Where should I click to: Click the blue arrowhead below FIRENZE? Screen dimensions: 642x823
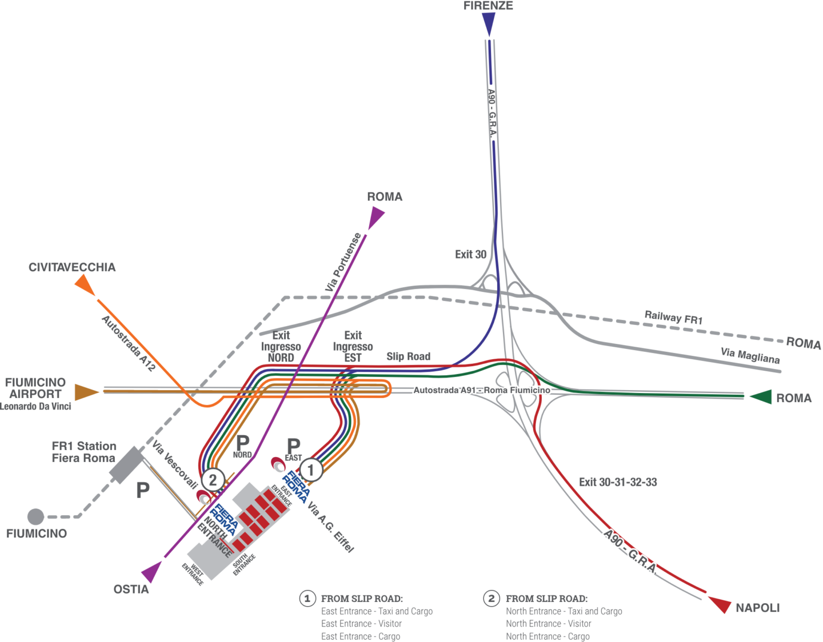tap(489, 25)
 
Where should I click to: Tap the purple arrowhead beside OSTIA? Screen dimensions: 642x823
tap(153, 571)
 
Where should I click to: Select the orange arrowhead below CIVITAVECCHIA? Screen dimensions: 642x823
tap(85, 285)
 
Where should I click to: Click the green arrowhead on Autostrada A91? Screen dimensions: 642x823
tap(761, 396)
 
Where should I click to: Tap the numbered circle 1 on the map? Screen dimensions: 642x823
tap(311, 471)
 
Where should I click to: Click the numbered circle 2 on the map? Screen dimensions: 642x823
tap(213, 479)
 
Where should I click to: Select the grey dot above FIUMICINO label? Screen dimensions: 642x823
tap(35, 516)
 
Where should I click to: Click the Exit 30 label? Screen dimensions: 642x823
tap(471, 254)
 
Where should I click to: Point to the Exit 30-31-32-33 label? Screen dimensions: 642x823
tap(618, 482)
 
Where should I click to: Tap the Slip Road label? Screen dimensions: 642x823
tap(408, 356)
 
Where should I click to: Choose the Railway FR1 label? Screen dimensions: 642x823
tap(673, 317)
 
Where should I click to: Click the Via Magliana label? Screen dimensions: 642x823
tap(750, 355)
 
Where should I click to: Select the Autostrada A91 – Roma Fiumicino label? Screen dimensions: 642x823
tap(481, 390)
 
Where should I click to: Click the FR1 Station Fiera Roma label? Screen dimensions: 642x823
tap(84, 452)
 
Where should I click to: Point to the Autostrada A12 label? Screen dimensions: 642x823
tap(128, 343)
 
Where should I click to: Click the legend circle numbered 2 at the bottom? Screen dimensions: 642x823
tap(491, 598)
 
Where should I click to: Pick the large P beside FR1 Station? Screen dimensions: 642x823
tap(142, 490)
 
